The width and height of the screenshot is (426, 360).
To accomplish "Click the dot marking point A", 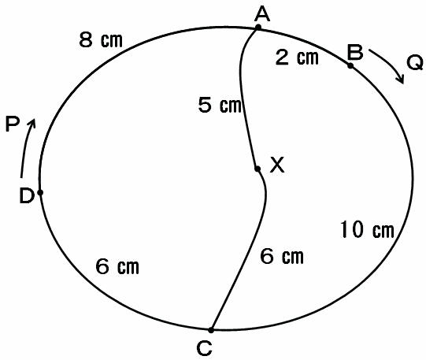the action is coord(258,27).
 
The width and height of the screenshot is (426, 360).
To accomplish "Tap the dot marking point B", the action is coord(350,65).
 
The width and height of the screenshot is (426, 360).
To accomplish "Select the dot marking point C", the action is coord(211,330).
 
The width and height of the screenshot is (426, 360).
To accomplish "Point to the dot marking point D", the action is coord(40,192).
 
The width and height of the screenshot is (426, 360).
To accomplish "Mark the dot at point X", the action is coord(257,169).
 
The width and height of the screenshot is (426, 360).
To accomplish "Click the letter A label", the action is coord(262,14).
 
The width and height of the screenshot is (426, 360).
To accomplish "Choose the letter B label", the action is coord(355,53).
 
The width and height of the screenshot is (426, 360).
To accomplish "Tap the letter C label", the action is coord(204,348).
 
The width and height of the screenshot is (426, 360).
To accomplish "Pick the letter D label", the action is coord(27,196).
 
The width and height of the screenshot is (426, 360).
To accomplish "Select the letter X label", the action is coord(277,165).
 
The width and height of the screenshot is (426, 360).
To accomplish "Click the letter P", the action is coord(13,124).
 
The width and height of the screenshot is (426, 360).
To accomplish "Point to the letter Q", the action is coord(415,62).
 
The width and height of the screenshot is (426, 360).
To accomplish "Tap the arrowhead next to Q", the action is coord(401,80).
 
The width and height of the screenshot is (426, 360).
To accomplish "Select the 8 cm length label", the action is coord(101,40).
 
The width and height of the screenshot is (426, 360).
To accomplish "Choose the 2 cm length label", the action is coord(297,58).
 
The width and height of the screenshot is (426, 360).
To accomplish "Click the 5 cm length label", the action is coord(220,105).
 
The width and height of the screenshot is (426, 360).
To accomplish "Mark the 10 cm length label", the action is coord(367,230).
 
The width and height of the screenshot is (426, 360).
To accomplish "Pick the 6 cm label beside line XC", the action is coord(282,256).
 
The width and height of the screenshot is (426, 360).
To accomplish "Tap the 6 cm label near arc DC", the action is coord(117,266).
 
